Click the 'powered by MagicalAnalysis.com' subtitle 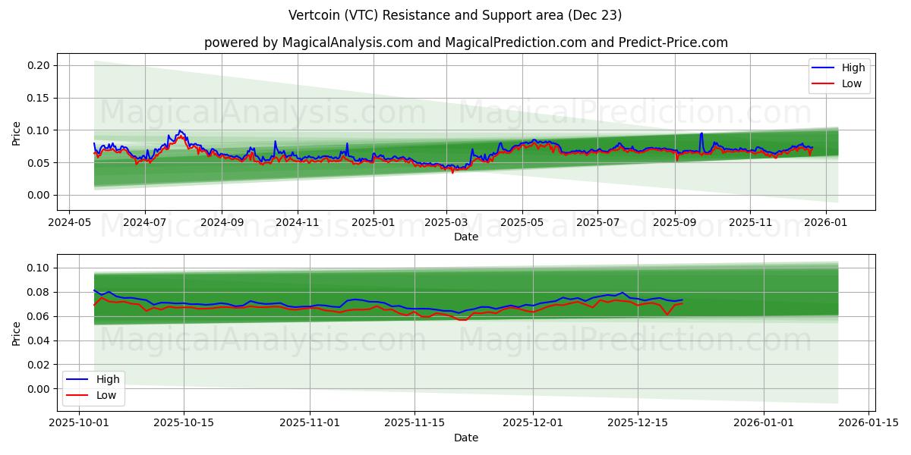coord(465,42)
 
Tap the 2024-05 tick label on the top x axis coord(70,222)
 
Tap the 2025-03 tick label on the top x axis coord(446,222)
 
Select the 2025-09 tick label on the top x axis coord(675,222)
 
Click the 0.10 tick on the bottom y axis coord(39,268)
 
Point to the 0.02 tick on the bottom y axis coord(39,365)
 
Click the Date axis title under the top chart coord(465,237)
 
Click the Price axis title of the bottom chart coord(17,333)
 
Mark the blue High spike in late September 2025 coord(701,134)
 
